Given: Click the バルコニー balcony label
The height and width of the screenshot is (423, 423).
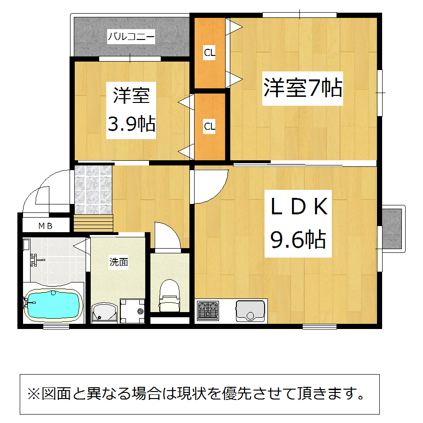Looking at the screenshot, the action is pos(131,36).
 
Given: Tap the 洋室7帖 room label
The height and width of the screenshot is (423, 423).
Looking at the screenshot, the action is pos(303,88).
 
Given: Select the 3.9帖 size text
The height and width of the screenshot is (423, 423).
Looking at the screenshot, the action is pos(132,124).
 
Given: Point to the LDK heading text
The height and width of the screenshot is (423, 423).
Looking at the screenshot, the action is pos(299,206).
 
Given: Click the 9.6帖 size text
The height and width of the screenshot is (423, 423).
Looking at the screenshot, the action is pos(298,239).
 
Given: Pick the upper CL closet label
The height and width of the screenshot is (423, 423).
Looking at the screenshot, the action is pos(210,53).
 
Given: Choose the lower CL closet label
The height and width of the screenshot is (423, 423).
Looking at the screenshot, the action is pos(210,126).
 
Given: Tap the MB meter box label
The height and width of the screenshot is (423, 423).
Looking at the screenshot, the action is pos(45,226).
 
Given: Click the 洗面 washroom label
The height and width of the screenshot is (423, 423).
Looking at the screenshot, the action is pos(118,262).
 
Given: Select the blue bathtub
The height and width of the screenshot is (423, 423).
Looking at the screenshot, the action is pos(54,305).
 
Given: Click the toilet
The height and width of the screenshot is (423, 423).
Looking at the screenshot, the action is pos(169,296).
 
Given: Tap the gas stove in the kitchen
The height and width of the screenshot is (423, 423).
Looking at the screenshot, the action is pos(208,310).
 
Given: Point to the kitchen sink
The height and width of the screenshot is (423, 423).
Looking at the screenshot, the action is pos(250,311).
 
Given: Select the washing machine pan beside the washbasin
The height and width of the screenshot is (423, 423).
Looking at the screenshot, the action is pos(132,311).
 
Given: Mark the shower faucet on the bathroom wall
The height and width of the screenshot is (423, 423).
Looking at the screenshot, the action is pos(36,260).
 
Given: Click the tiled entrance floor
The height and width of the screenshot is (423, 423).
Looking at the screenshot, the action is pos(93,190).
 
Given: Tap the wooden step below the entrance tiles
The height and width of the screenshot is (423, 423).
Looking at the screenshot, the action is pos(93,223).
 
